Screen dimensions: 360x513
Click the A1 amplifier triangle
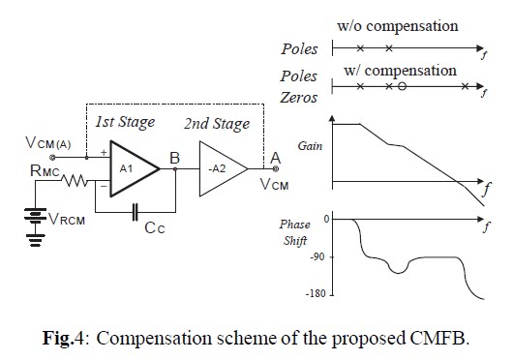132,166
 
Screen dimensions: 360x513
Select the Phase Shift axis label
295,234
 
